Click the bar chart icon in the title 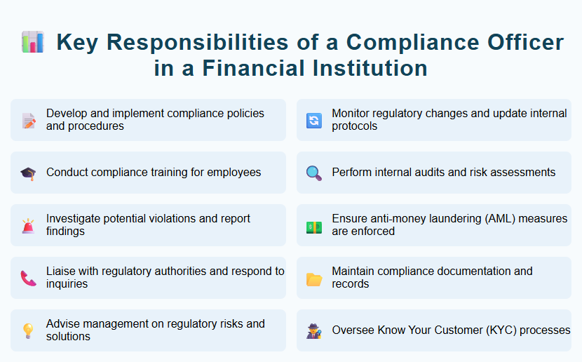click(x=33, y=42)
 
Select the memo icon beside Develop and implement click(x=29, y=120)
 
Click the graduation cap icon click(x=29, y=173)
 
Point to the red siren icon click(x=29, y=225)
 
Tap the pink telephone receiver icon click(x=29, y=278)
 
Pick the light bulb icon click(x=29, y=330)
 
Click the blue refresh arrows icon click(x=314, y=120)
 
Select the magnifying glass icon click(x=314, y=173)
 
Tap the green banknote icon click(x=314, y=225)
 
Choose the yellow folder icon click(x=314, y=279)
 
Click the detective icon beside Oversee click(x=314, y=330)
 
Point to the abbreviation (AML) click(x=494, y=219)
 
